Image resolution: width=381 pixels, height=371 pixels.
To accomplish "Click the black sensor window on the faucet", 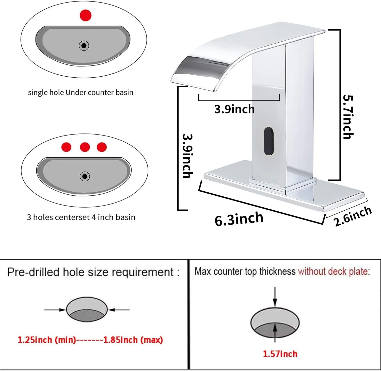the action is [x=268, y=141].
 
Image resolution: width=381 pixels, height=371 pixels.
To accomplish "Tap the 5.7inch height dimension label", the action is [x=348, y=117].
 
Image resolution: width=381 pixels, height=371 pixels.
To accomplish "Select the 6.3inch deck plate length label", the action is [x=239, y=219].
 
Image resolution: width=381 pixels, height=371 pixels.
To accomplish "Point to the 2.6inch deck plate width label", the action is [x=353, y=216].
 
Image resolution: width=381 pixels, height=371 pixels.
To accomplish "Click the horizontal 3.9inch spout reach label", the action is [x=234, y=109].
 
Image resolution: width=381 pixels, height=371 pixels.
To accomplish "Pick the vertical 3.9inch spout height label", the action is [x=188, y=156].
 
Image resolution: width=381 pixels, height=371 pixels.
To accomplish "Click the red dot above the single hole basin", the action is [x=85, y=15].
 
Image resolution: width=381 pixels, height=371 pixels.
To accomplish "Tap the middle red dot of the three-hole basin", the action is [x=85, y=147].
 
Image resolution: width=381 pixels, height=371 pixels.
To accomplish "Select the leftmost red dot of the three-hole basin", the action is [x=66, y=147].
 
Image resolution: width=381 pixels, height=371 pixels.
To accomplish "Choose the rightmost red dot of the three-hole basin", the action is [x=102, y=147].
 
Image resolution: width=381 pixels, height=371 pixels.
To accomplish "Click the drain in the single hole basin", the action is [x=84, y=46].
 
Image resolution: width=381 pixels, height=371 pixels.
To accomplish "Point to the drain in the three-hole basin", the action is [x=85, y=176].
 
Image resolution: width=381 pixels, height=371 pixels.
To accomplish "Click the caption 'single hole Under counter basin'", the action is [x=81, y=92].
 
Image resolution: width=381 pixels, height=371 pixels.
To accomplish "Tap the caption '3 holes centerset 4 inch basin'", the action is [x=81, y=217].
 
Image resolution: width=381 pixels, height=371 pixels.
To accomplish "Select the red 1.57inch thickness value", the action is [x=280, y=354].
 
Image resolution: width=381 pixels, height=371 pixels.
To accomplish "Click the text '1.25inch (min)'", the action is [x=47, y=340].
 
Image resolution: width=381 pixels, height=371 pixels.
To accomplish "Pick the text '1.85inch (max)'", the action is [x=133, y=340].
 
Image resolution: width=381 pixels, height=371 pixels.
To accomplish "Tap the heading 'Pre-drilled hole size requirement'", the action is [x=90, y=272].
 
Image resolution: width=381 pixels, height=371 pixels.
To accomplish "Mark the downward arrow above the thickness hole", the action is [x=275, y=297].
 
